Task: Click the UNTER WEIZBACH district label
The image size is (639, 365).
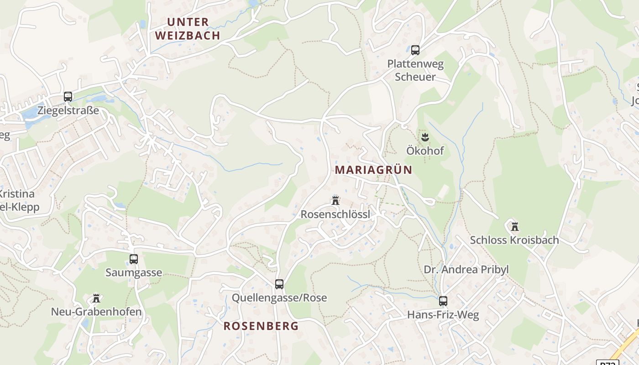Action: tap(188, 29)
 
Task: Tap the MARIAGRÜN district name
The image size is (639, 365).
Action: tap(373, 170)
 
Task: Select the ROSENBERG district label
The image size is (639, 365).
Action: tap(261, 326)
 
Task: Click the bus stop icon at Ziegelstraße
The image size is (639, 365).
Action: tap(68, 97)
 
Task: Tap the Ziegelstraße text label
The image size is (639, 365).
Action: tap(68, 111)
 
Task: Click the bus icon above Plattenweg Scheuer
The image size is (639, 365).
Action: tap(415, 50)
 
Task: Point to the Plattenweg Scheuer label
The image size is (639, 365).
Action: tap(415, 70)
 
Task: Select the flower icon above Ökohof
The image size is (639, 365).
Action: tap(425, 136)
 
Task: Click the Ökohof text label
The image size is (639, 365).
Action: tap(425, 151)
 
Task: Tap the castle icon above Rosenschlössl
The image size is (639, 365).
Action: tap(335, 200)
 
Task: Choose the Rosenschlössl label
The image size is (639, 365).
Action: tap(335, 214)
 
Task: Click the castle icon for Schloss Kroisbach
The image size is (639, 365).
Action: tap(515, 226)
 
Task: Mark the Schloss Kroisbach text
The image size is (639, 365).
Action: tap(514, 240)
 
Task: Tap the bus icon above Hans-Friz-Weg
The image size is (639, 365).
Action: tap(443, 301)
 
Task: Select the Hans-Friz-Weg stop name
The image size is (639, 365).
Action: tap(443, 315)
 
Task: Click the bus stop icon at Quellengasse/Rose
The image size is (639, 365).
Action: tap(279, 284)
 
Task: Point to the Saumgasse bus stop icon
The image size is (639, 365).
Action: tap(134, 259)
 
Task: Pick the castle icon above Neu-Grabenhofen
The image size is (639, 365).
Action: tap(96, 298)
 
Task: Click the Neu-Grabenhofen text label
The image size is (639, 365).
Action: tap(96, 312)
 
